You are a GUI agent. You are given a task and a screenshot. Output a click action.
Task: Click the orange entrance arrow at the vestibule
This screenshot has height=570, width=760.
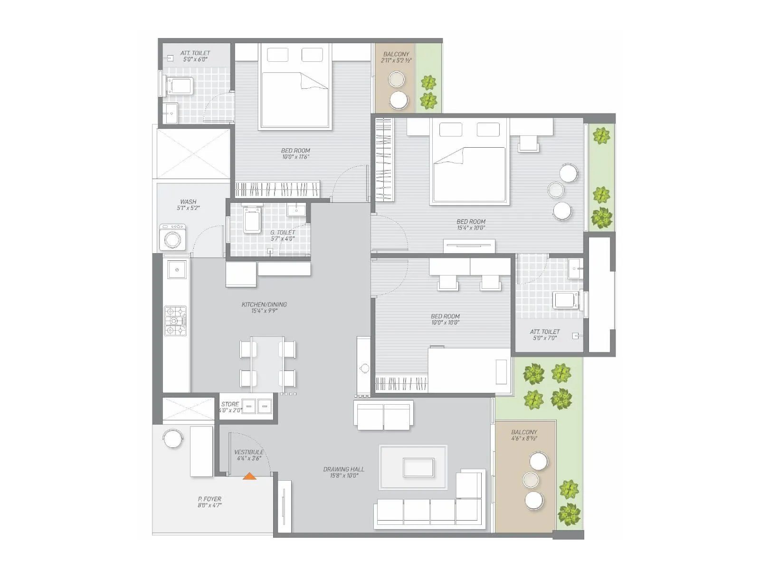pyautogui.click(x=249, y=475)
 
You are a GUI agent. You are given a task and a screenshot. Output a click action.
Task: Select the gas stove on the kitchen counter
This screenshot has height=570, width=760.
pyautogui.click(x=176, y=321)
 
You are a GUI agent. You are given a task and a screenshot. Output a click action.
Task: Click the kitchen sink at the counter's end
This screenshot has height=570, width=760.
pyautogui.click(x=177, y=270)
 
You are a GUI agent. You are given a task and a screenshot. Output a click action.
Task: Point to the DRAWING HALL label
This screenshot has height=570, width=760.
pyautogui.click(x=344, y=469)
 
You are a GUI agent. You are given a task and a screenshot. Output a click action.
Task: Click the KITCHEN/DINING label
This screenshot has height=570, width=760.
pyautogui.click(x=264, y=304)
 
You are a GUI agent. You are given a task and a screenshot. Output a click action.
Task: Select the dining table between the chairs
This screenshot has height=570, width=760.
pyautogui.click(x=267, y=363)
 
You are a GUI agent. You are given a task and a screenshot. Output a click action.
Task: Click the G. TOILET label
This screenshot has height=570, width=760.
pyautogui.click(x=283, y=232)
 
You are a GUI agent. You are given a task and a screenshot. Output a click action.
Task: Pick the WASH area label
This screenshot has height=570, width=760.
pyautogui.click(x=188, y=202)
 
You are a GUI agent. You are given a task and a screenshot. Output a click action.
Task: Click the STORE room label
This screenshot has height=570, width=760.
pyautogui.click(x=230, y=404)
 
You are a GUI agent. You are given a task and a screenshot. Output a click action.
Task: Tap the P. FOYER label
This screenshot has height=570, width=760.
pyautogui.click(x=209, y=499)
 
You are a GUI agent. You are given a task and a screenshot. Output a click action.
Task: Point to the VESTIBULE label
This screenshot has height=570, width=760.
pyautogui.click(x=249, y=452)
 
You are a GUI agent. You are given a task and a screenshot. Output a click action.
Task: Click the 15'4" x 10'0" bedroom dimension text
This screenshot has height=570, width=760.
pyautogui.click(x=471, y=228)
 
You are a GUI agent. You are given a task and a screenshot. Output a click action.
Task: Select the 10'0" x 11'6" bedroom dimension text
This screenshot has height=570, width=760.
pyautogui.click(x=295, y=157)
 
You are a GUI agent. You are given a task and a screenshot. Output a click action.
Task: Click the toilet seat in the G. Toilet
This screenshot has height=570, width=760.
pyautogui.click(x=252, y=220)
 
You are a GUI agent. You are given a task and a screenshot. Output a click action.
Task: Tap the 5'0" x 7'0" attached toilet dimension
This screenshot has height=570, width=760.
pyautogui.click(x=544, y=338)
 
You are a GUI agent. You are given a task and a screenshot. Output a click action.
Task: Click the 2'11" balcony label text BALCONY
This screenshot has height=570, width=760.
pyautogui.click(x=396, y=54)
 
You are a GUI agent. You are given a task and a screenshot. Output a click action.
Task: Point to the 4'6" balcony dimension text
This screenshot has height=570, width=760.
pyautogui.click(x=524, y=438)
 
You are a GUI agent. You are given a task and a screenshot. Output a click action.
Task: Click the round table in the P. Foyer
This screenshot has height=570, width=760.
pyautogui.click(x=172, y=438)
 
